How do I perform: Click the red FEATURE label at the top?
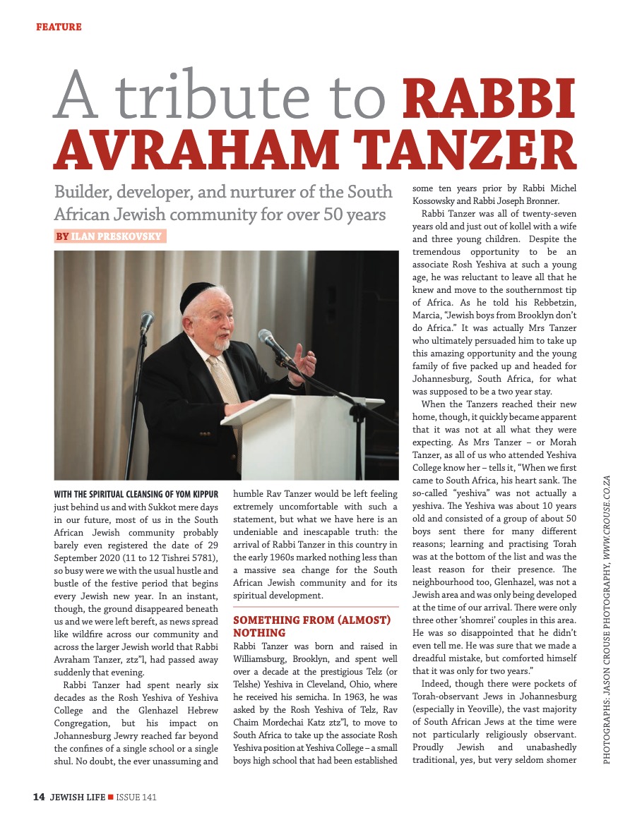tap(59, 27)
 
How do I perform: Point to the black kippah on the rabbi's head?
tap(197, 297)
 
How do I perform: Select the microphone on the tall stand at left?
tap(147, 323)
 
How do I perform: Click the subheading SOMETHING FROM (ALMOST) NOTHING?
tap(311, 626)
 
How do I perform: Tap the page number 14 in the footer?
tap(40, 797)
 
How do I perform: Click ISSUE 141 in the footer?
tap(136, 797)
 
